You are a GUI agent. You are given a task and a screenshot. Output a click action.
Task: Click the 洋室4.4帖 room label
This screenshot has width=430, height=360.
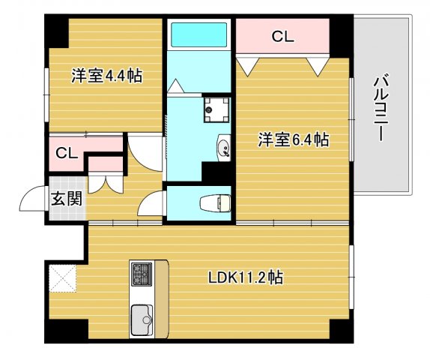click(x=107, y=76)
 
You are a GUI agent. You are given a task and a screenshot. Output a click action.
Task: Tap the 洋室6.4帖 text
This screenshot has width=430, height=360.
click(x=294, y=139)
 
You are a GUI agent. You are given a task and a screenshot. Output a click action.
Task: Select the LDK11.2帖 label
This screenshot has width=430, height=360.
click(x=245, y=277)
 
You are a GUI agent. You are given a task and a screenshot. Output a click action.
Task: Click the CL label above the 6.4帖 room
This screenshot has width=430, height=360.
click(x=282, y=35)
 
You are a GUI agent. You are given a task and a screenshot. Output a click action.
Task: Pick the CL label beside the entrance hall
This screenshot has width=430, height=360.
click(x=67, y=153)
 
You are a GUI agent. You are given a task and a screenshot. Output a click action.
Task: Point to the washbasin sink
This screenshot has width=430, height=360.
click(x=223, y=147)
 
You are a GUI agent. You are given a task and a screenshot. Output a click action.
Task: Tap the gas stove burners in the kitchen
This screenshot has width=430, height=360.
click(x=141, y=273)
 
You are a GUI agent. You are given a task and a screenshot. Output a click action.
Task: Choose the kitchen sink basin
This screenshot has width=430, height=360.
click(x=142, y=321)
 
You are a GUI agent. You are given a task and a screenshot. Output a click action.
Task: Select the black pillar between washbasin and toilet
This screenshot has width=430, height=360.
click(x=218, y=173)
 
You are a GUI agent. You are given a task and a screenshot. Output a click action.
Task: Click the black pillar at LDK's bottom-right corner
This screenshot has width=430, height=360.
click(x=339, y=329)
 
